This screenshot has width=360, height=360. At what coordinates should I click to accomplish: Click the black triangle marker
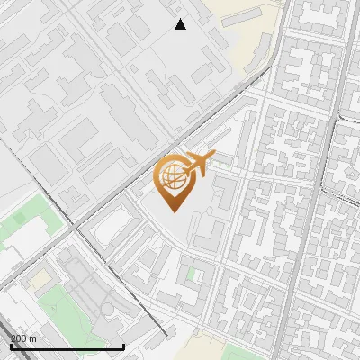(x=180, y=24)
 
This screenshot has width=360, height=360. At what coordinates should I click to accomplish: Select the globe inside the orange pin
(x=171, y=177)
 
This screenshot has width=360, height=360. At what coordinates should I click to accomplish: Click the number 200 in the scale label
(x=19, y=338)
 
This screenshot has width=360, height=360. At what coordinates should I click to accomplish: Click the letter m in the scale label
(x=33, y=338)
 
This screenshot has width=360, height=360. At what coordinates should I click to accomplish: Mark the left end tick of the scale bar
(x=11, y=345)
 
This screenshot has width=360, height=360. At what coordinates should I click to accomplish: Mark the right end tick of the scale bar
(x=124, y=345)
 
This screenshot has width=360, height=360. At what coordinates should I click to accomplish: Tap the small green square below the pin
(x=190, y=273)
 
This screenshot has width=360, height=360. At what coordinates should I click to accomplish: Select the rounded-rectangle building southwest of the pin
(x=112, y=226)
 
